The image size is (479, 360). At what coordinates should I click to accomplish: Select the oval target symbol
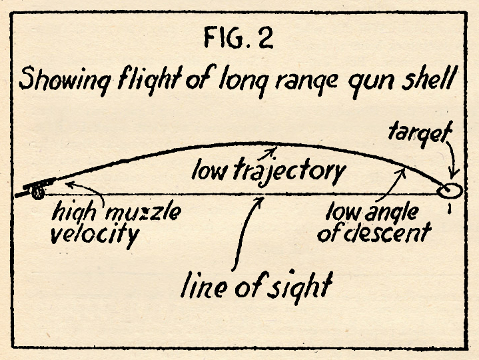coord(450,191)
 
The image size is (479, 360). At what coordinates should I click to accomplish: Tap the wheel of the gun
coord(37,193)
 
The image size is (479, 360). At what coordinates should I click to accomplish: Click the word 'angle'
coord(392,213)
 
